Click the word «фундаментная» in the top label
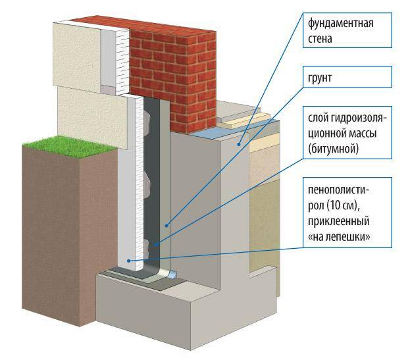point(341,24)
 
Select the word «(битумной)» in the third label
point(334,150)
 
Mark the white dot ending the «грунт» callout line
point(166,224)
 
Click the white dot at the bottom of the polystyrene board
point(129,261)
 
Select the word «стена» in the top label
point(321,39)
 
